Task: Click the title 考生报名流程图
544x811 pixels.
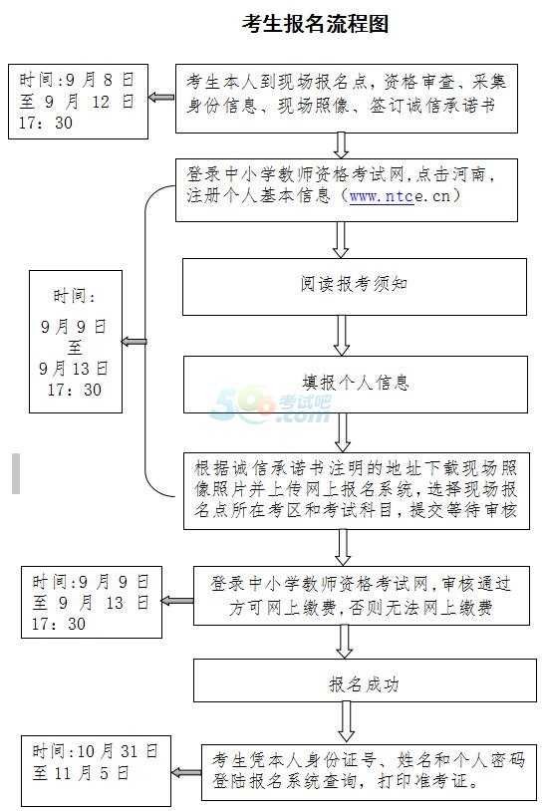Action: pos(316,24)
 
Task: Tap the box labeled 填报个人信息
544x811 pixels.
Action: pos(356,385)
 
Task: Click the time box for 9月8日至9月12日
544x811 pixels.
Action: pos(78,102)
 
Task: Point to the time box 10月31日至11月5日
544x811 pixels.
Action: pos(96,771)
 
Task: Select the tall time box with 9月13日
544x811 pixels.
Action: pos(76,342)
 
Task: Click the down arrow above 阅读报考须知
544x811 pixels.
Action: pos(341,240)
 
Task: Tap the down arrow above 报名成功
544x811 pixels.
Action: pos(344,642)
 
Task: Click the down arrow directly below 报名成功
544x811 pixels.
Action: pos(346,722)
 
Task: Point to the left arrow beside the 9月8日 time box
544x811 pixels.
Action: pos(161,98)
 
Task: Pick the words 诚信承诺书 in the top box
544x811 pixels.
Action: pos(451,106)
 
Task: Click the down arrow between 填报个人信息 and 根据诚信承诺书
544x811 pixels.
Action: pos(343,433)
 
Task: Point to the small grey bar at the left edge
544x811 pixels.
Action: pos(16,473)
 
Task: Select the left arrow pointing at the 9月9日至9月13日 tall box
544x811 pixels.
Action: pos(135,342)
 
